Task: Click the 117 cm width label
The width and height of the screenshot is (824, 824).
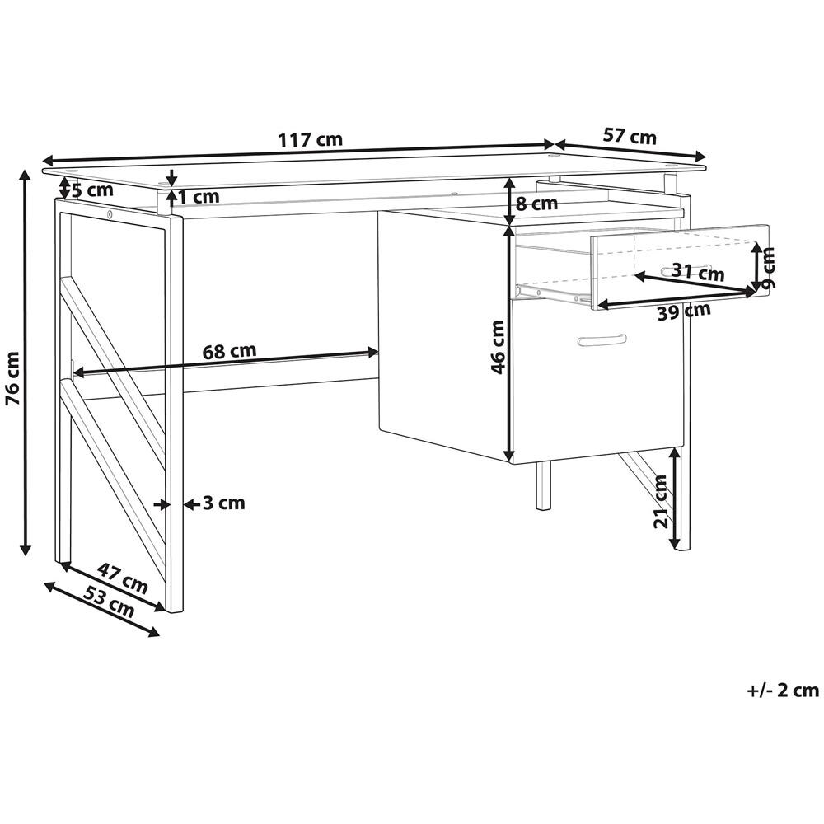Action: click(310, 140)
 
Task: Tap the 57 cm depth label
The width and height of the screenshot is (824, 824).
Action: click(630, 136)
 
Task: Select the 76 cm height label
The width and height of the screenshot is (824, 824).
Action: click(12, 378)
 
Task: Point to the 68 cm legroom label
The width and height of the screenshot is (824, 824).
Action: click(230, 350)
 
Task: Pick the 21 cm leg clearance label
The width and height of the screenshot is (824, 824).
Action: click(661, 501)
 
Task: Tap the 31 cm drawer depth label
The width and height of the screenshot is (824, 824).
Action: click(698, 272)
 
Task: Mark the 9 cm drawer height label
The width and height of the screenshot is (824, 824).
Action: click(768, 269)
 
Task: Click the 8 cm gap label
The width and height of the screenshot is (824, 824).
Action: click(536, 204)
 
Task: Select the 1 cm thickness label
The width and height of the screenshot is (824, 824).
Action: click(199, 197)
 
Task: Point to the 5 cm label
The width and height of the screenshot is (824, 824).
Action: click(92, 190)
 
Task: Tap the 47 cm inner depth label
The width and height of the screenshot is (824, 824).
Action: click(123, 578)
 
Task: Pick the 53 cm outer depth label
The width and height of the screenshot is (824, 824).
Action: click(110, 602)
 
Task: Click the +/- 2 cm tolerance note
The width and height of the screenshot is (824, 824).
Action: click(783, 690)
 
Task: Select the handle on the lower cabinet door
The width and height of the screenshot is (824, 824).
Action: click(602, 340)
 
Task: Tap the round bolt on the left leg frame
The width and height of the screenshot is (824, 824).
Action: click(110, 214)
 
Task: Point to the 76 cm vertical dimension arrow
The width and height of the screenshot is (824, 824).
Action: click(24, 363)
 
